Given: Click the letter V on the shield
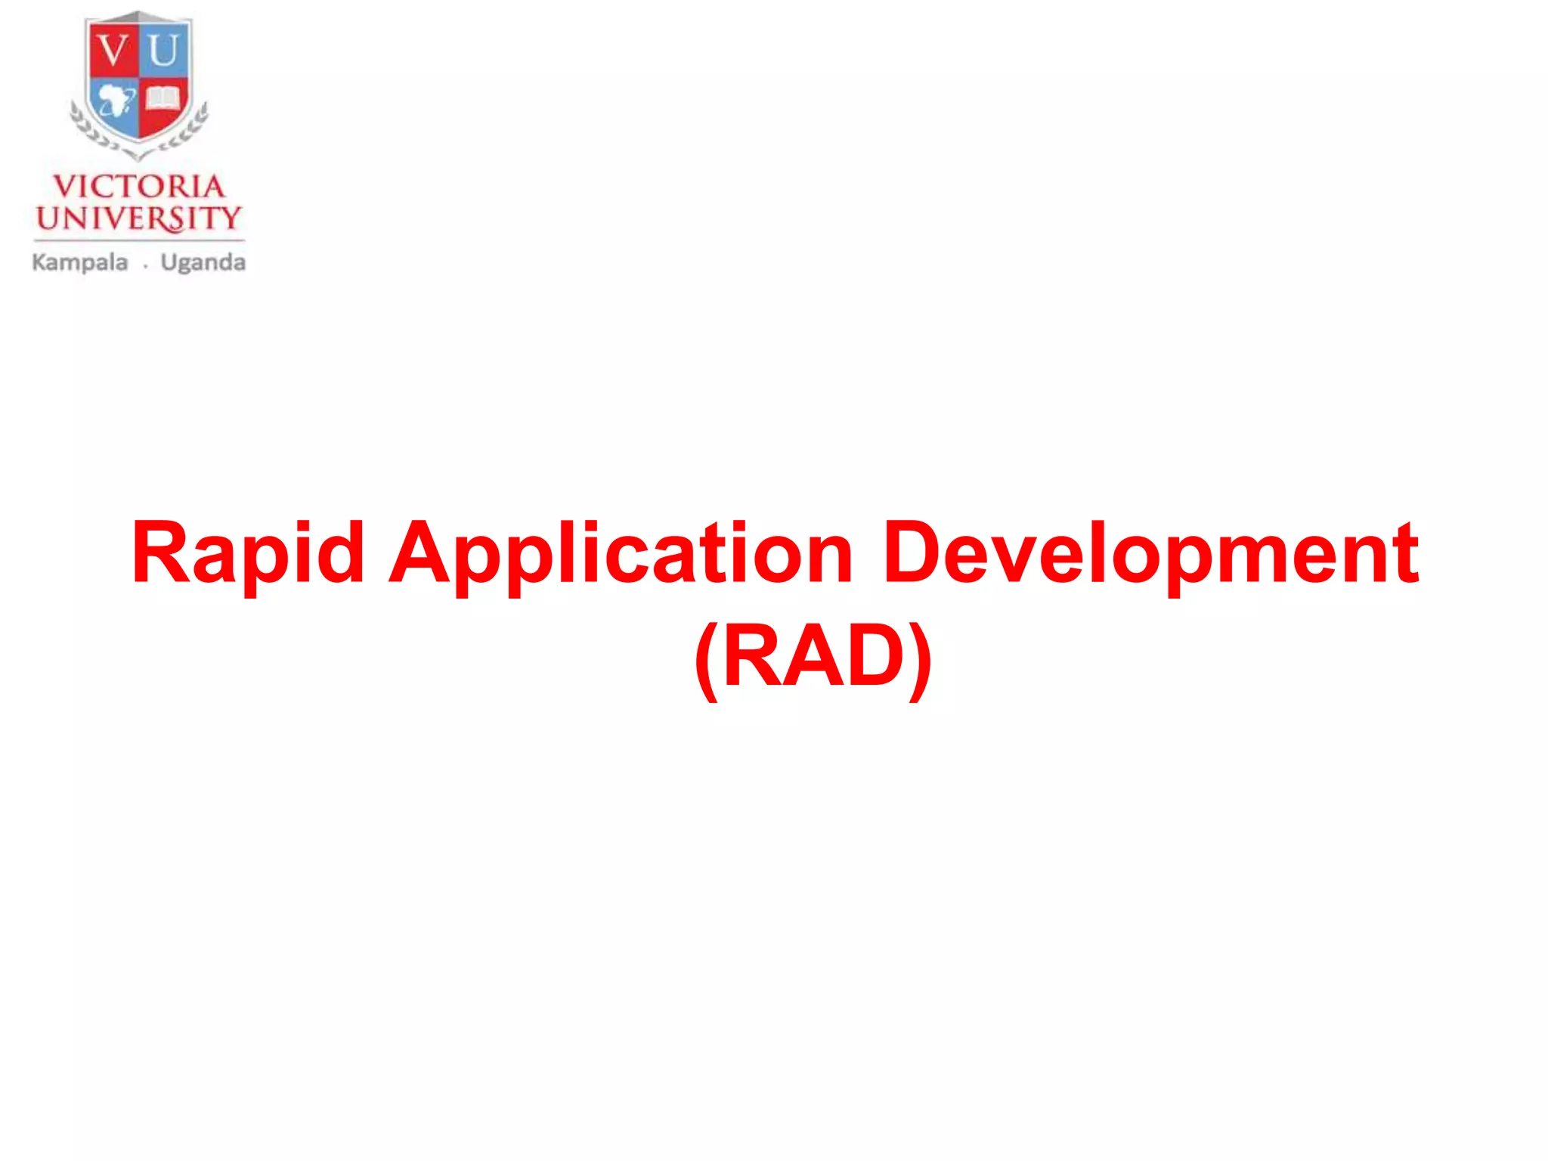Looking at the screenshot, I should [114, 51].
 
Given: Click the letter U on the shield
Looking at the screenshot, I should [163, 51].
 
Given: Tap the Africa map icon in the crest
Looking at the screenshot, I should [116, 101].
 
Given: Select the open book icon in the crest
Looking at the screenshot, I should [163, 99].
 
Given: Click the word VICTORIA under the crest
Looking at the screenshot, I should [139, 187].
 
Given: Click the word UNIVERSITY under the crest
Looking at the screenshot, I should [139, 218].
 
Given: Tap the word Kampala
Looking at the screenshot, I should [80, 263].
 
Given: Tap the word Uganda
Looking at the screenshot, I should [203, 263].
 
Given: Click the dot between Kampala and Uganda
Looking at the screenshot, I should [145, 266].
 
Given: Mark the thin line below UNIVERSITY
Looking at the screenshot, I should [139, 241].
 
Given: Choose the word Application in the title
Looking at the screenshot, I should [621, 554].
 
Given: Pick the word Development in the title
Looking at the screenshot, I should [1150, 554].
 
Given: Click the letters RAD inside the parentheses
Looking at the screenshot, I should [813, 655].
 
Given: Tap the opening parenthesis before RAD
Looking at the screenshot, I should [705, 659].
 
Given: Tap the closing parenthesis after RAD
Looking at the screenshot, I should [921, 659].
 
